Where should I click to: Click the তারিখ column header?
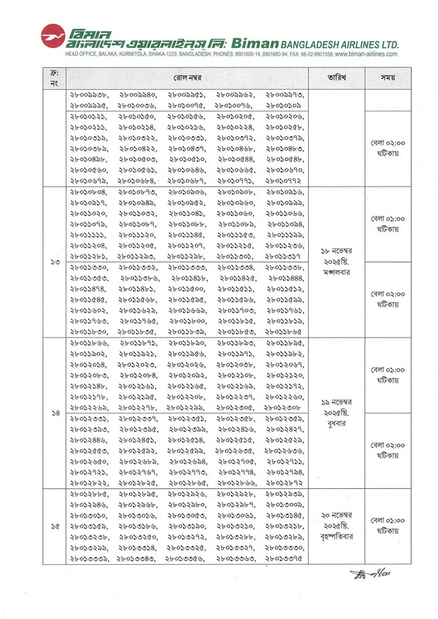click(336, 79)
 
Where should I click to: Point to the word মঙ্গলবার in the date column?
click(336, 273)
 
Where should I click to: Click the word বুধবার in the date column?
click(336, 423)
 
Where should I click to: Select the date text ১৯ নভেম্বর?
click(336, 401)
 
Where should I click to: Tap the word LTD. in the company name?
click(386, 44)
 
